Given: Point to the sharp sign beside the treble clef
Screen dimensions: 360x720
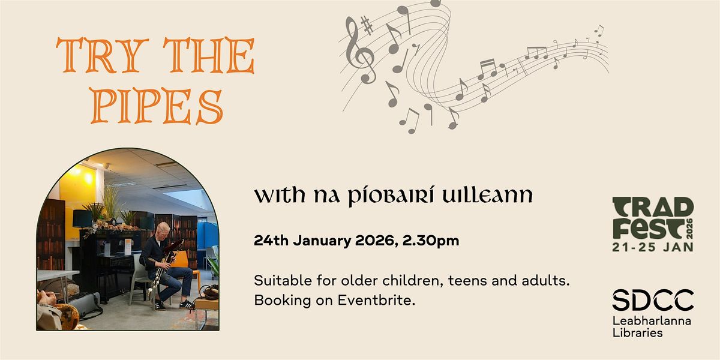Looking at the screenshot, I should pos(367,26).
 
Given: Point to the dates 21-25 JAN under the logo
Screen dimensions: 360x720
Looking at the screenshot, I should pos(652,247).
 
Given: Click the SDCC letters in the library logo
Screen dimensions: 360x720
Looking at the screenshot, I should pos(653,300).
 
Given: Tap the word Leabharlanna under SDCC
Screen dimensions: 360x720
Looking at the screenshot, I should pos(652,321).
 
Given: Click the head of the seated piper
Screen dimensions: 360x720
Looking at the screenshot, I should pos(163,228).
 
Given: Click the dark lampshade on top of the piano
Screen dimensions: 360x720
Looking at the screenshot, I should pos(82,218).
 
